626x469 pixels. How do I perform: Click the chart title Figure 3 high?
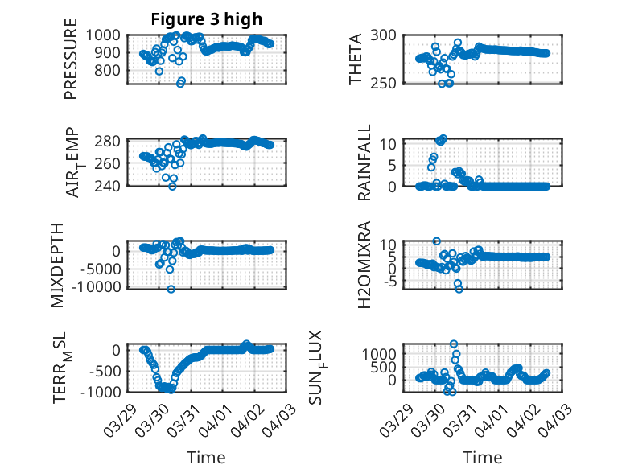207,19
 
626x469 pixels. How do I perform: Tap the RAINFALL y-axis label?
364,163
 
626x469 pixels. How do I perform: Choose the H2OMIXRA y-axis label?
364,265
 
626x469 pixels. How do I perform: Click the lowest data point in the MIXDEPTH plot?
171,289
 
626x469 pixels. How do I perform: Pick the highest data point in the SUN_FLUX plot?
454,344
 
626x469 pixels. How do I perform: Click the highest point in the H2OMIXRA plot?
436,241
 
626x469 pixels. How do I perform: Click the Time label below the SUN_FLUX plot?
481,457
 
